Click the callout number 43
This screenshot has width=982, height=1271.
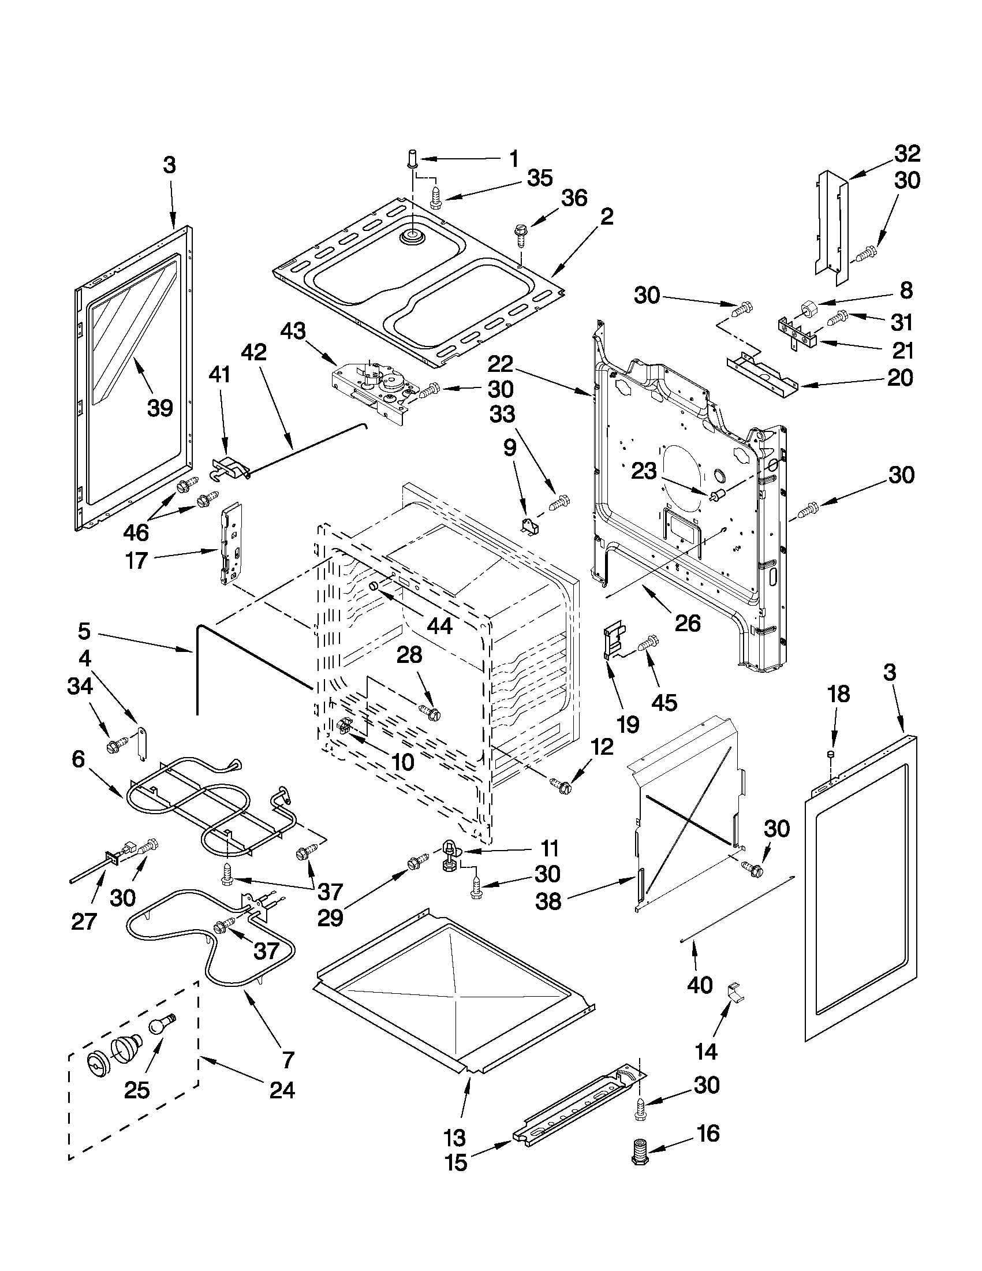pos(293,331)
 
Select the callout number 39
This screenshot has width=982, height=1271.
pos(160,408)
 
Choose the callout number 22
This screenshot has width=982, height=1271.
pos(501,365)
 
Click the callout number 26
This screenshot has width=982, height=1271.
pos(688,623)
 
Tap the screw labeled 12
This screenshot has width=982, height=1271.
pos(562,787)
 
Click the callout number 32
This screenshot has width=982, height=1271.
pos(907,154)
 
